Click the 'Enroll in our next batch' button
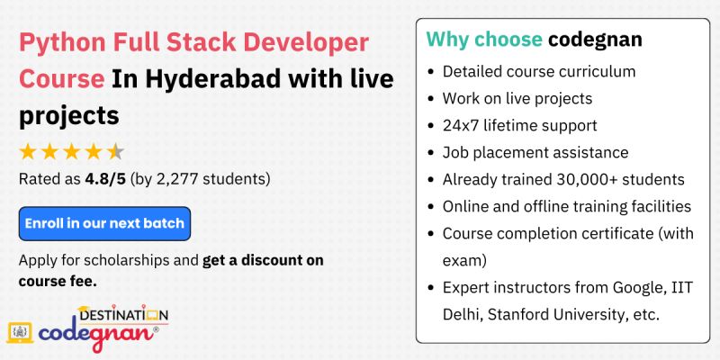[x=104, y=223]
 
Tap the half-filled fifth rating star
[x=116, y=151]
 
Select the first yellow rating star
[x=28, y=151]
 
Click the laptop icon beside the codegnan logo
[x=21, y=332]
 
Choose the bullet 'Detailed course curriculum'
[x=538, y=71]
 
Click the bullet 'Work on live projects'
[x=517, y=98]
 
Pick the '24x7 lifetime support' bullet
[x=519, y=125]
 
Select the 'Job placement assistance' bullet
[x=535, y=152]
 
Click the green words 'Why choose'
[x=483, y=40]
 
